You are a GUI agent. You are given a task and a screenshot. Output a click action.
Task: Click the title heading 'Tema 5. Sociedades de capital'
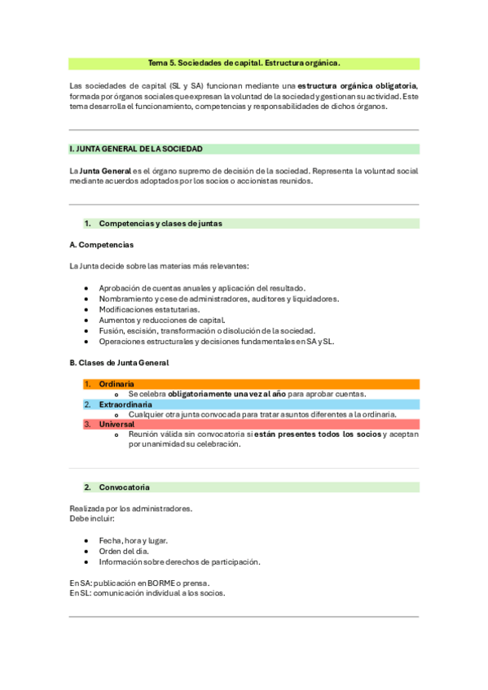point(244,63)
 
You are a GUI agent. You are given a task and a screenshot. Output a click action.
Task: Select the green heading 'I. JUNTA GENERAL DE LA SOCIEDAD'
point(137,149)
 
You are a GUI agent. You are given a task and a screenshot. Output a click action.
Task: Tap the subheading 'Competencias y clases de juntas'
point(160,223)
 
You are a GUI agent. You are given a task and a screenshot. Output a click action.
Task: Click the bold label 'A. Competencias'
point(102,245)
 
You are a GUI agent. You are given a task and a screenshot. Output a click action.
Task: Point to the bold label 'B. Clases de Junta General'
point(119,362)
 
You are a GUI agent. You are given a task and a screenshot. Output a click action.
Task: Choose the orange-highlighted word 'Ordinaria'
point(117,383)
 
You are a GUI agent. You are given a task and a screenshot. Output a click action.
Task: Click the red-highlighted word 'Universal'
point(117,424)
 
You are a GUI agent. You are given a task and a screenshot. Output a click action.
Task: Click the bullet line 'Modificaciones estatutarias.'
point(149,309)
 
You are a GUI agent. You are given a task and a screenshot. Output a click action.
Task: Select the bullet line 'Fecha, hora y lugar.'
point(133,540)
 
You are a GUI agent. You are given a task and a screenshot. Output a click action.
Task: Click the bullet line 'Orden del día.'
point(124,551)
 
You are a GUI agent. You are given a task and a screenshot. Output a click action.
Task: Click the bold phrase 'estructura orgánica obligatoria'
point(357,85)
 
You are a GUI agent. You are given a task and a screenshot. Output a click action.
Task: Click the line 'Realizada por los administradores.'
point(131,509)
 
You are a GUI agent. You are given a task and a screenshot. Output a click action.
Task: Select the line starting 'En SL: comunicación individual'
point(147,593)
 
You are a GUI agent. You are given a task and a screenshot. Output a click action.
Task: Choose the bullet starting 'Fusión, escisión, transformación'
point(206,330)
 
